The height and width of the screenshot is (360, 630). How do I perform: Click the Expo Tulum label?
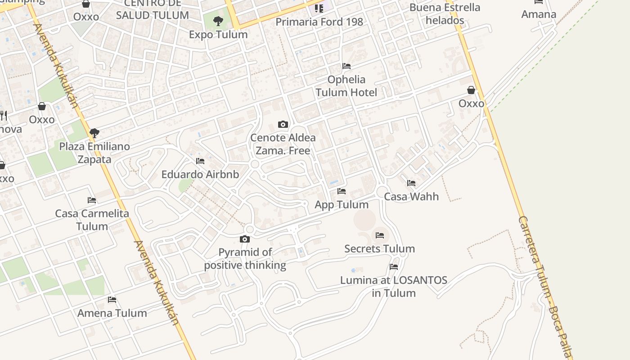point(218,35)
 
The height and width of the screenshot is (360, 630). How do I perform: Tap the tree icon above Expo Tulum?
point(218,21)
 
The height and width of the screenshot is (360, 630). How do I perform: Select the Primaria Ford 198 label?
point(319,22)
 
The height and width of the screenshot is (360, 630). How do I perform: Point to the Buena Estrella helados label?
point(445,14)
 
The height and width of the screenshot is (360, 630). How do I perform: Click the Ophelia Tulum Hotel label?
point(346,86)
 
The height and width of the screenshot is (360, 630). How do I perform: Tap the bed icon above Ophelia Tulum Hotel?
point(346,66)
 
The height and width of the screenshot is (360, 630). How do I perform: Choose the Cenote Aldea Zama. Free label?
point(283,144)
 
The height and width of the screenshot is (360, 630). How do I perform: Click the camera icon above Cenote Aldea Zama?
point(283,125)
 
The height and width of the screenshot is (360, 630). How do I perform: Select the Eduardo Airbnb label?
point(200,175)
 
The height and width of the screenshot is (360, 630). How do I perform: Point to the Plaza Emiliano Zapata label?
point(94,153)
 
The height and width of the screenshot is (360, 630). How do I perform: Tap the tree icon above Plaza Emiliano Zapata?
point(94,133)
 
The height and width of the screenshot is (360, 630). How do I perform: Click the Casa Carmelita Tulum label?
point(92,220)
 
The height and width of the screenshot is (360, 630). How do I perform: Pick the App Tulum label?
point(342,205)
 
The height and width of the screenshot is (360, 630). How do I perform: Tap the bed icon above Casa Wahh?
point(411,184)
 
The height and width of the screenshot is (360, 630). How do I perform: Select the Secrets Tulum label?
point(379,249)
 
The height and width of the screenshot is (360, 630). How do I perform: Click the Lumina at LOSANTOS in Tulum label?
point(394,287)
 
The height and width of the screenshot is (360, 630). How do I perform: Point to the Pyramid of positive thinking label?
point(245,259)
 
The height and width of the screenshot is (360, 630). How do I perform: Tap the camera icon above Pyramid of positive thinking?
point(245,239)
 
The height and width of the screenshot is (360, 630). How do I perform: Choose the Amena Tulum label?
point(112,313)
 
